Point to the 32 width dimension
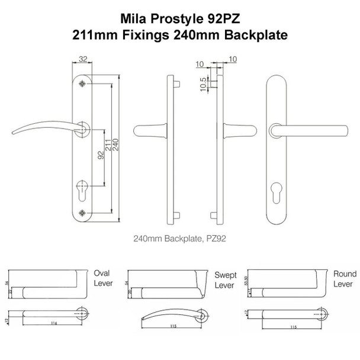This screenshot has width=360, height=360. point(82,59)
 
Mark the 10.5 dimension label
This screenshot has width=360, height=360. point(204,83)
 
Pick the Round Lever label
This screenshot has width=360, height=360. point(345,278)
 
